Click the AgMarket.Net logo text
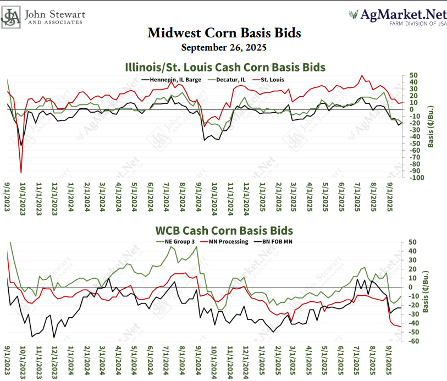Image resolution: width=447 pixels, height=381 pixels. pyautogui.click(x=395, y=14)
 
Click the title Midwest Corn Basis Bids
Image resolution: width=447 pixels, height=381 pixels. pyautogui.click(x=224, y=33)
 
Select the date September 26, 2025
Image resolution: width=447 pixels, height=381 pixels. pyautogui.click(x=224, y=47)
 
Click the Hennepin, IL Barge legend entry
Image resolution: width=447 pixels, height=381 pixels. pyautogui.click(x=165, y=79)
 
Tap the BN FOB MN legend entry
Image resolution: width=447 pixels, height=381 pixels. pyautogui.click(x=279, y=241)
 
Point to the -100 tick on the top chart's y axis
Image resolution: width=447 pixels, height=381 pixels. pyautogui.click(x=413, y=178)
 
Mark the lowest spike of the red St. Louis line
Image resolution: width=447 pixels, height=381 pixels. pyautogui.click(x=21, y=173)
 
